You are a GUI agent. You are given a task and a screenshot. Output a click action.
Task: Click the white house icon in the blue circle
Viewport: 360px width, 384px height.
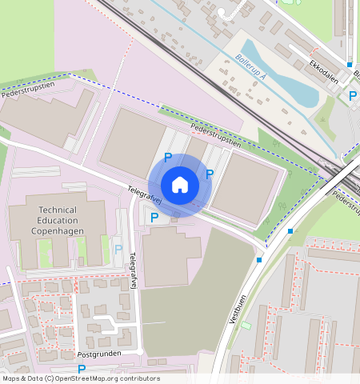tap(180, 186)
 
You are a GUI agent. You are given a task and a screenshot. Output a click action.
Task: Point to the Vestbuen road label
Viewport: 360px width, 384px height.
tap(235, 307)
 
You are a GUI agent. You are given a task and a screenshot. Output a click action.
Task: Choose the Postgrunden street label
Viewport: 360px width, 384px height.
tap(98, 353)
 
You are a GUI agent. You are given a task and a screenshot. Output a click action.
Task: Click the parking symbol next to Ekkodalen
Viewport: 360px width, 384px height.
tap(353, 96)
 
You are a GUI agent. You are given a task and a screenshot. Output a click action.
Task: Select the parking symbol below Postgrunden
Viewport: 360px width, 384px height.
tap(82, 369)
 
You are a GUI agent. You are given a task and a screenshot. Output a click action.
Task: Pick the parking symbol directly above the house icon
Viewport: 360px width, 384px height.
tap(168, 158)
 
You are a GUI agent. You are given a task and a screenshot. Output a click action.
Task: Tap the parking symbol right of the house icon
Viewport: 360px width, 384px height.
tap(210, 174)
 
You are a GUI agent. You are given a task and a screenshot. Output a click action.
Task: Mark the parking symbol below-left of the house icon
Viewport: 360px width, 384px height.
tap(154, 217)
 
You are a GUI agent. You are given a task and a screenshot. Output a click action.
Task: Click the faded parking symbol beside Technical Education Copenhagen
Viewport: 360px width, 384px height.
tap(118, 250)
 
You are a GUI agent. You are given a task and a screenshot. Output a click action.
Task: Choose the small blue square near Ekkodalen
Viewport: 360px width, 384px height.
tap(350, 64)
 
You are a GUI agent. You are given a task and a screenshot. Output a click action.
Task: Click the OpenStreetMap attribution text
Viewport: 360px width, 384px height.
tap(80, 378)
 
